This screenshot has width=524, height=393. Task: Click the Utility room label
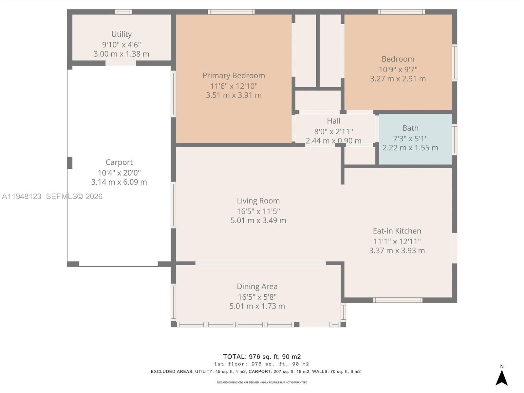[x=122, y=34]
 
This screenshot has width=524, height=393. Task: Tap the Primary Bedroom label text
[x=234, y=76]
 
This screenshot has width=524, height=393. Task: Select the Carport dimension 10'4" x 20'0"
[x=119, y=173]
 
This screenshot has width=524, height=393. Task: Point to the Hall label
[x=333, y=121]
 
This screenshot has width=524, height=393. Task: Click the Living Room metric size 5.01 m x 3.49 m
[x=258, y=220]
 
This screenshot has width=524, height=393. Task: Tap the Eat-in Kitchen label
[x=397, y=231]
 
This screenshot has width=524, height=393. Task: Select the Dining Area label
[x=257, y=287]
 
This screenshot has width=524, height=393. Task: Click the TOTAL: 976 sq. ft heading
[x=262, y=357]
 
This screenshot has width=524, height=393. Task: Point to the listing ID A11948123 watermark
[x=22, y=196]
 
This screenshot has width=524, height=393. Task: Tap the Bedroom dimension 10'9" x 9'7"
[x=398, y=69]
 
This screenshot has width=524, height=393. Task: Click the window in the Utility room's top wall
[x=123, y=12]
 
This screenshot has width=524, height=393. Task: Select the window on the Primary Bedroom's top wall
[x=231, y=12]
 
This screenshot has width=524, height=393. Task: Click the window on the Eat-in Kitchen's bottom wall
[x=398, y=300]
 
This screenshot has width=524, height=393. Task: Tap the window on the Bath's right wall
[x=455, y=139]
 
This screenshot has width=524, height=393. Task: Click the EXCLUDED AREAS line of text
[x=255, y=372]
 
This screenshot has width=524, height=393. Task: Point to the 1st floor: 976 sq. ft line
[x=261, y=364]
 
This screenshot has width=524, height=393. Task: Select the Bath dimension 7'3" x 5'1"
[x=410, y=139]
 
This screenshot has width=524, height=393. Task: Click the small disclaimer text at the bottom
[x=262, y=383]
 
